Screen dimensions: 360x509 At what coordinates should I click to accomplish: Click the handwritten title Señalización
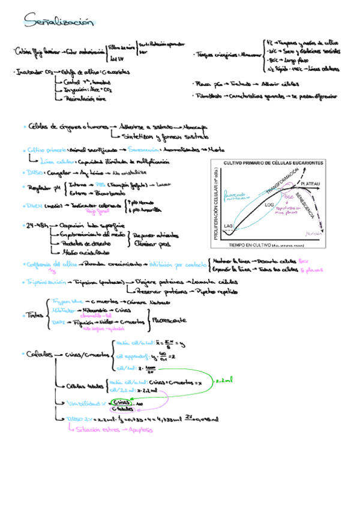click(x=59, y=22)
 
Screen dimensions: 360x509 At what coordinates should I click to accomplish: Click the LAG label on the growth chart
click(x=229, y=226)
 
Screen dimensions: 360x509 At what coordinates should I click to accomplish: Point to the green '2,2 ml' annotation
click(x=224, y=380)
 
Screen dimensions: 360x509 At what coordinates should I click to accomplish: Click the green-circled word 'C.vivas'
click(x=121, y=402)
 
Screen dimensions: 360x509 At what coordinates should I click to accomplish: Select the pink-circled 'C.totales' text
click(x=122, y=409)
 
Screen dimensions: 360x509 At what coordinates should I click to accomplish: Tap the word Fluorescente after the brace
click(x=169, y=321)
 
